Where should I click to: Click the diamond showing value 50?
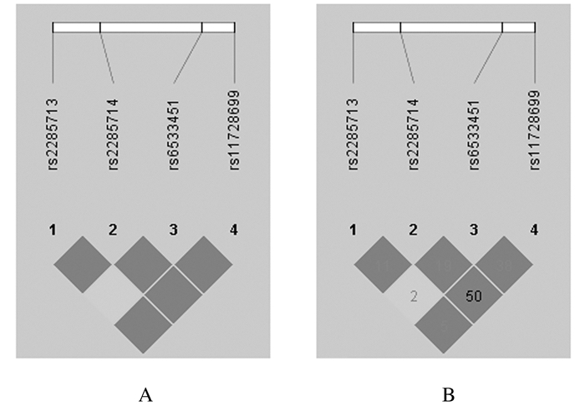coord(473,295)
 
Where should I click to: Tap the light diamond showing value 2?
coord(414,295)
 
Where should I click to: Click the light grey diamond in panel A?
coord(113,295)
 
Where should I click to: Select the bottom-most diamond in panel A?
coord(144,325)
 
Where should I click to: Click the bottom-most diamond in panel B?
coord(444,325)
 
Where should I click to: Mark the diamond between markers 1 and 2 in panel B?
coord(384,265)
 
